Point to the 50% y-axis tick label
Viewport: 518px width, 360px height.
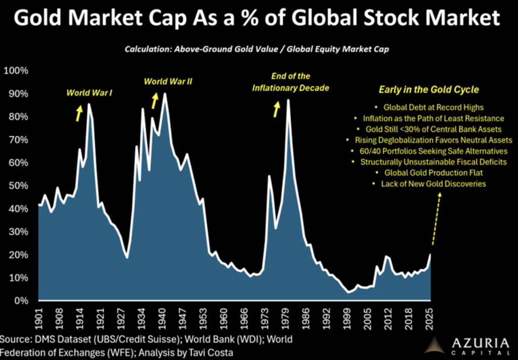coord(18,186)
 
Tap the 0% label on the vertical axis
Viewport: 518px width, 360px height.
coord(21,301)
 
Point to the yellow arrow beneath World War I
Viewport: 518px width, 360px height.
coord(79,113)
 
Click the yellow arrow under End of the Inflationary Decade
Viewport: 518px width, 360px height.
coord(276,109)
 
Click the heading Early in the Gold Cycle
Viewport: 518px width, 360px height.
coord(429,90)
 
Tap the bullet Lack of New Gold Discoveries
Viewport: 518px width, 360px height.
coord(433,184)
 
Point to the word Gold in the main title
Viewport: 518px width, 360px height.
coord(39,19)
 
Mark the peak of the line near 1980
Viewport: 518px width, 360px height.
coord(288,100)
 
